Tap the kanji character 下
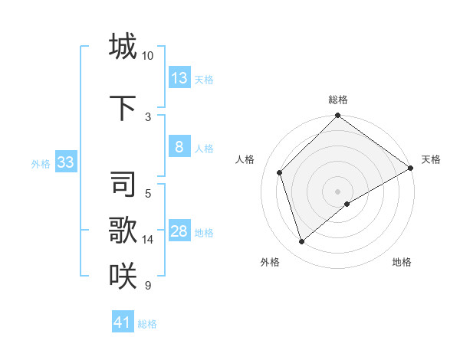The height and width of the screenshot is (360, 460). point(123,109)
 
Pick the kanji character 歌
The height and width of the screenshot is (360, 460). point(123,230)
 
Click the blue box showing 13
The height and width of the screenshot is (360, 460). point(179,77)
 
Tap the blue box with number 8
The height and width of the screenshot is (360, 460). point(179,147)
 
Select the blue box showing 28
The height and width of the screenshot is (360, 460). point(179,231)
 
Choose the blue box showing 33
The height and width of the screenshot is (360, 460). point(65,162)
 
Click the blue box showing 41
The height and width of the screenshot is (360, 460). point(123,322)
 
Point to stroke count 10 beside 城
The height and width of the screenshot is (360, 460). point(148,56)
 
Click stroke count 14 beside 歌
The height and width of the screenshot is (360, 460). point(148,240)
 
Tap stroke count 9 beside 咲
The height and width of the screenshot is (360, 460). point(148,286)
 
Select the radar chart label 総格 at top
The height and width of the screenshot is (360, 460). point(338,100)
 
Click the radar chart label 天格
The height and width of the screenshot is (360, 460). point(431,159)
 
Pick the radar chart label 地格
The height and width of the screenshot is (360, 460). point(402,262)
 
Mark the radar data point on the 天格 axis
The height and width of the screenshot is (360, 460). point(411,168)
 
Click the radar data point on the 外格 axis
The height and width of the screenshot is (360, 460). point(301,242)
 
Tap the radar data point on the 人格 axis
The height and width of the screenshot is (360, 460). point(280,172)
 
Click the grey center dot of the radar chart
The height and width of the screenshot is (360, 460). point(338,191)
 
